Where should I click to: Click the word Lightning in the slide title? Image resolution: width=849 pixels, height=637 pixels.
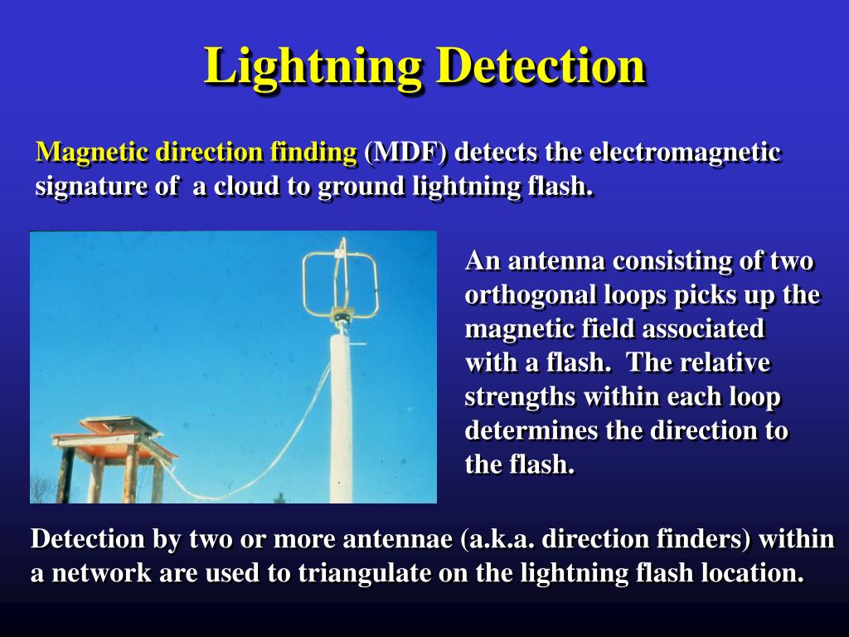point(314,66)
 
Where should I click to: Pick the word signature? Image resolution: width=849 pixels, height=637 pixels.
point(82,187)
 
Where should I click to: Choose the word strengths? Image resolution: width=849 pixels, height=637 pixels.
point(520,397)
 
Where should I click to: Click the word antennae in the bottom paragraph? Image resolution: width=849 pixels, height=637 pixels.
point(394,539)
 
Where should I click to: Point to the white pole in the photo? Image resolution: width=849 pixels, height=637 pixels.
point(342,415)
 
